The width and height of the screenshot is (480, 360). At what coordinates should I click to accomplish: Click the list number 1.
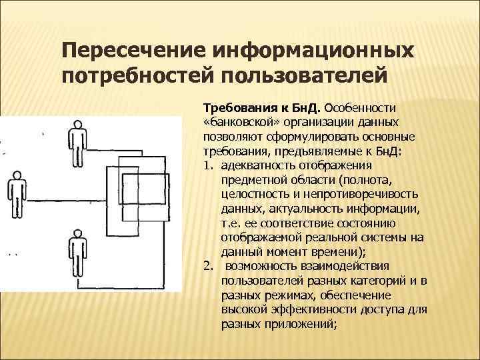tap(207, 166)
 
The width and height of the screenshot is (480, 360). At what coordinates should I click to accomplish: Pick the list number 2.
tap(207, 267)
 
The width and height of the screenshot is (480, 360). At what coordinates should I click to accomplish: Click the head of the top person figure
tap(77, 125)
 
